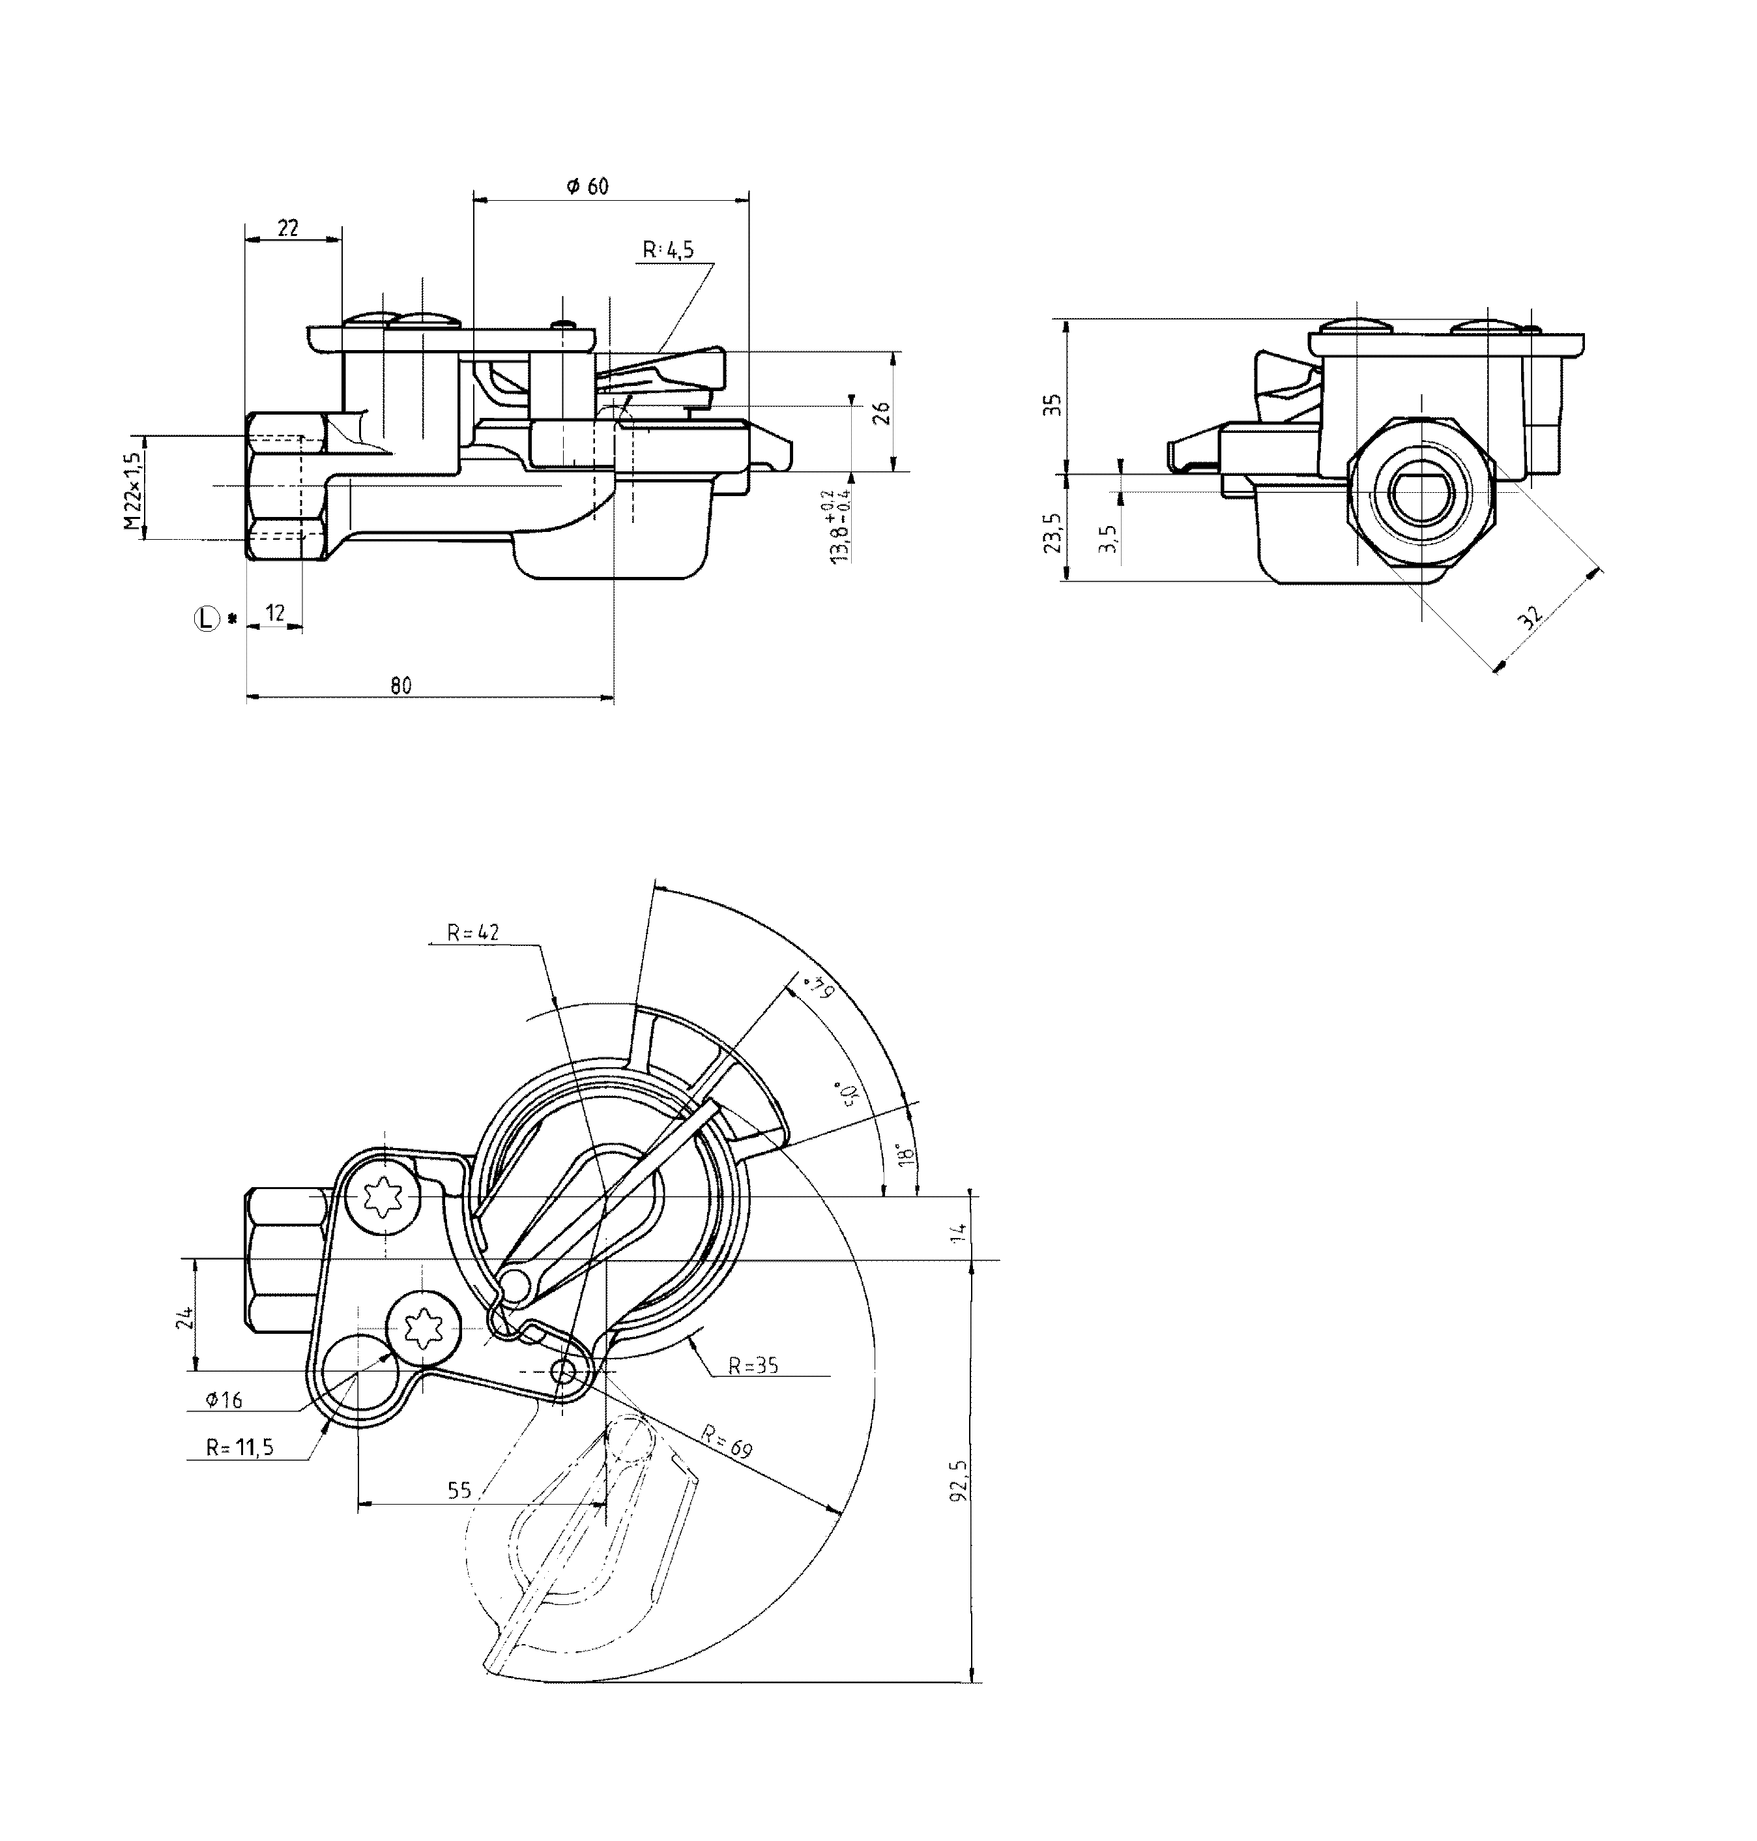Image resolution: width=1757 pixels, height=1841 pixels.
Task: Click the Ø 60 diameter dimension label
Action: click(588, 186)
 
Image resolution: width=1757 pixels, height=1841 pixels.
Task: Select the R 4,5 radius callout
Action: click(668, 250)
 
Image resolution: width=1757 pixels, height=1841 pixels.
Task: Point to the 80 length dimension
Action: click(401, 686)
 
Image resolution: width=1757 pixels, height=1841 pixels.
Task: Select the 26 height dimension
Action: click(881, 413)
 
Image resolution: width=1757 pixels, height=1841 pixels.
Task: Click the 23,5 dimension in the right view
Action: click(1054, 531)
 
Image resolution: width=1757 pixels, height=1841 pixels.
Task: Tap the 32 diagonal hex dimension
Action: click(1530, 617)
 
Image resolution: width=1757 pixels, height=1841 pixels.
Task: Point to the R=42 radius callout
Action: click(473, 932)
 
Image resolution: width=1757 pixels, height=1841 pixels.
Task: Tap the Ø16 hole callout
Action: click(224, 1400)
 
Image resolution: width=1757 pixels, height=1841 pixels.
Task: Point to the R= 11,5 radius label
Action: click(240, 1447)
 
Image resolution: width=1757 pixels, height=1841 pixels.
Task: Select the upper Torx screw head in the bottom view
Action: click(383, 1198)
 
